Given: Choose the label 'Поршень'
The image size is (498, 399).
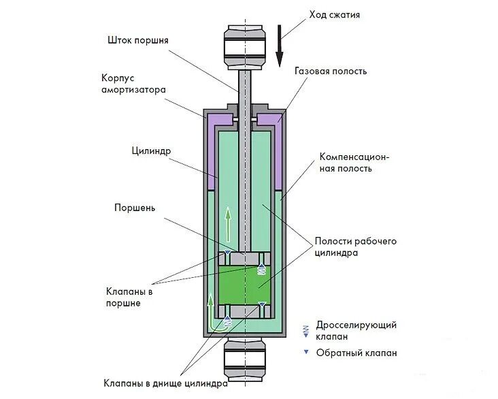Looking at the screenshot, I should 135,207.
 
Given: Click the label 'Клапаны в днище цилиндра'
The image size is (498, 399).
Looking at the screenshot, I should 165,383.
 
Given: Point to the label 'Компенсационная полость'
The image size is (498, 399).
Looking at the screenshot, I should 354,162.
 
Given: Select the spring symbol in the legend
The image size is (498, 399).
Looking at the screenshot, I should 306,330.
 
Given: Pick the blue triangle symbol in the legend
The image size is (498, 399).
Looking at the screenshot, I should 306,352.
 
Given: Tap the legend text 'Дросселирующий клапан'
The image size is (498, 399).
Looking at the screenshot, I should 356,330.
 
